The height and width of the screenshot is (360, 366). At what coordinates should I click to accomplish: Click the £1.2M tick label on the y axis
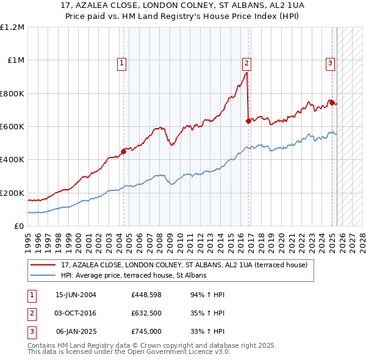pyautogui.click(x=12, y=27)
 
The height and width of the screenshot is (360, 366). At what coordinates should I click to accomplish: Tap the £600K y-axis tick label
pyautogui.click(x=12, y=126)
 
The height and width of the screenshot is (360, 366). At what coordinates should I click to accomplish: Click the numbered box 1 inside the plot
pyautogui.click(x=121, y=62)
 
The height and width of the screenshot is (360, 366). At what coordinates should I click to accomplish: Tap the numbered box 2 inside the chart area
pyautogui.click(x=246, y=62)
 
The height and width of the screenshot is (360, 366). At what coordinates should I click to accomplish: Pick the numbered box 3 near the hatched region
pyautogui.click(x=330, y=62)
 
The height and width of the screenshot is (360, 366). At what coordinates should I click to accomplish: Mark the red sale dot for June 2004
pyautogui.click(x=123, y=152)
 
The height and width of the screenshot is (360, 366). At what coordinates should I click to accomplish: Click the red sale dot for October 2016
pyautogui.click(x=248, y=121)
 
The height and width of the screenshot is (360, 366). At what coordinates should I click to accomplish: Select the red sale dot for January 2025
pyautogui.click(x=332, y=103)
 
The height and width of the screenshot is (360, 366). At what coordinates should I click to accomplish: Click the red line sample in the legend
pyautogui.click(x=43, y=265)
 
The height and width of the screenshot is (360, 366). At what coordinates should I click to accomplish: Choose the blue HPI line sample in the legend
pyautogui.click(x=43, y=276)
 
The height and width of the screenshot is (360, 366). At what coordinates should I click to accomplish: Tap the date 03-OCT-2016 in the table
pyautogui.click(x=76, y=313)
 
